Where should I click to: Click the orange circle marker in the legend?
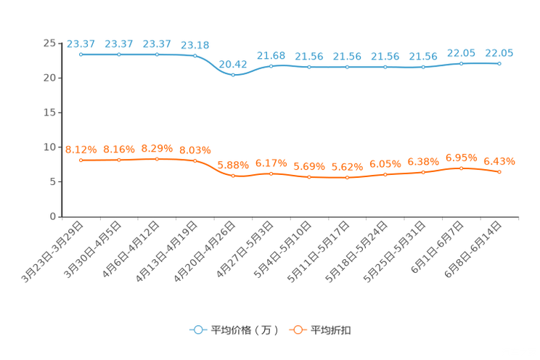coord(296,330)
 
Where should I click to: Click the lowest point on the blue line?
coord(233,74)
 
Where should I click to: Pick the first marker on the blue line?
coord(81,54)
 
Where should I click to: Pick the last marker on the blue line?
coord(499,64)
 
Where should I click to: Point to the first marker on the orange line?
coord(81,160)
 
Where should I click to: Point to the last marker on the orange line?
coord(499,172)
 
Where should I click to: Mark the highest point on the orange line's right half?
coord(461,168)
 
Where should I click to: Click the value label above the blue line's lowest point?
coord(233,63)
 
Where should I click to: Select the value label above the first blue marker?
coord(81,44)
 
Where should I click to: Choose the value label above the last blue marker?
coord(499,53)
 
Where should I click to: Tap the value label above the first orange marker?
coord(81,150)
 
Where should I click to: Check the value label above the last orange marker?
coord(499,161)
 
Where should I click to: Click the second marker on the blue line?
coord(118,54)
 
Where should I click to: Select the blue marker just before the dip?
coord(195,56)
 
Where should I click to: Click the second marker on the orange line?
coord(118,160)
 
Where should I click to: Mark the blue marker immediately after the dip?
coord(271,66)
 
